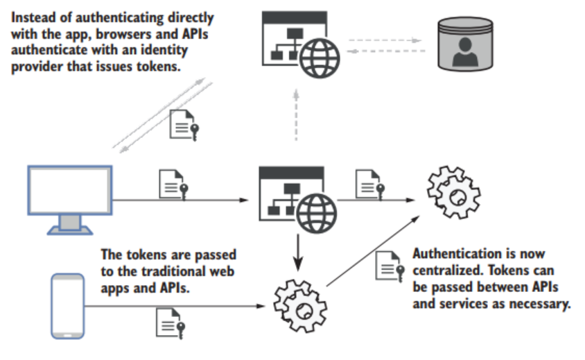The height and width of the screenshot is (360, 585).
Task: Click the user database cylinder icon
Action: (466, 44)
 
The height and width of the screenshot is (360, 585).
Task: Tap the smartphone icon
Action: (68, 305)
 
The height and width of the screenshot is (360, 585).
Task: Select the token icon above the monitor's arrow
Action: (173, 183)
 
